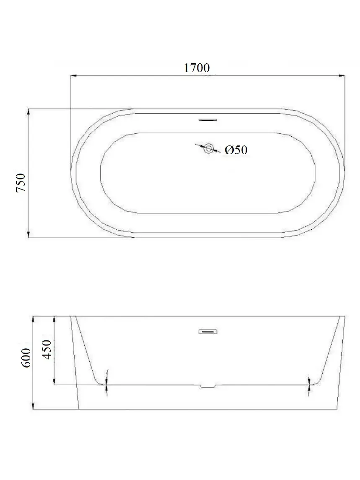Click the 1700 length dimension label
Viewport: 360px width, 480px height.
(197, 67)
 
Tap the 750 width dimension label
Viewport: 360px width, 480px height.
(21, 183)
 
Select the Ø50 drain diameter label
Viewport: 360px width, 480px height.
(236, 150)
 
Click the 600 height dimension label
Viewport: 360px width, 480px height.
(26, 358)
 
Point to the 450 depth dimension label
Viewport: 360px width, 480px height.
(46, 350)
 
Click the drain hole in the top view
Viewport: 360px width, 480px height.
(209, 148)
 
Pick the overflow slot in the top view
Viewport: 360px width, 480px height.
(208, 120)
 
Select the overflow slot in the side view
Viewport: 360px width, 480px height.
(208, 331)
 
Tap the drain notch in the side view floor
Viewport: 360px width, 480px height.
(208, 387)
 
